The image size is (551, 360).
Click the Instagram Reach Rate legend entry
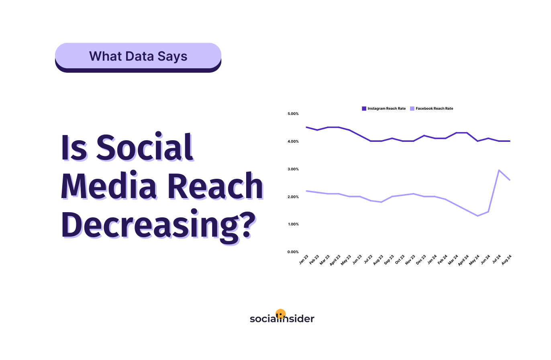pos(384,108)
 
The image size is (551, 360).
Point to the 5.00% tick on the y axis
pos(293,114)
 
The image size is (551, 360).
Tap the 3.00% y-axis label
pos(293,169)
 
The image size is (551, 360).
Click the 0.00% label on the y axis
pos(293,252)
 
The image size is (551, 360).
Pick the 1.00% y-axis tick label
pos(293,224)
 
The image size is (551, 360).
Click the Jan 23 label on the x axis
pos(304,260)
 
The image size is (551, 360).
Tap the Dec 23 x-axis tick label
pos(421,260)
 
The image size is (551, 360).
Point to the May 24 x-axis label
pos(474,260)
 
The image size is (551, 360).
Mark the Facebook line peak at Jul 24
pos(499,170)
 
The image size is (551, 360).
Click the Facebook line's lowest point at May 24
pos(478,216)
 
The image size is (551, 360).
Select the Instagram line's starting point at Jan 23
pos(306,127)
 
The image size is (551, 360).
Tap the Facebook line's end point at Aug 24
pos(510,180)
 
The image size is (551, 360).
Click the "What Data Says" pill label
pos(138,56)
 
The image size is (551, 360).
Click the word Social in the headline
pos(145,147)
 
